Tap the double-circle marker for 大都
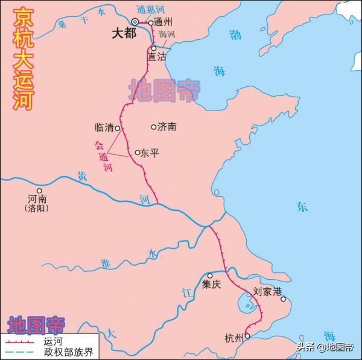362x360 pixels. [136, 22]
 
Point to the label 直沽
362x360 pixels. [156, 56]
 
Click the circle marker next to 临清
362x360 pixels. [118, 128]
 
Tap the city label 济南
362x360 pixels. [167, 127]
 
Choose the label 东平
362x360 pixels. [149, 153]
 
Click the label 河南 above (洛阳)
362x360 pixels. [37, 199]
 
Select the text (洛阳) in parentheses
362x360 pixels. [37, 208]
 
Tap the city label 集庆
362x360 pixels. [212, 284]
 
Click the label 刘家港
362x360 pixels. [268, 291]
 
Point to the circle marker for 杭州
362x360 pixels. [247, 336]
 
